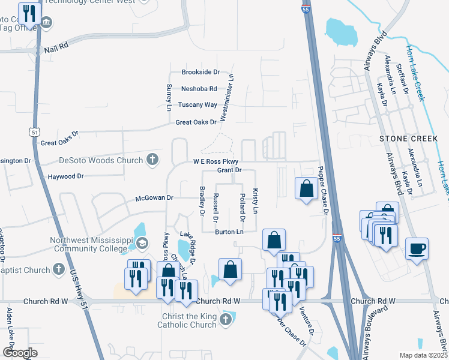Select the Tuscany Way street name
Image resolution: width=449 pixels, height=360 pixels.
(x=197, y=104)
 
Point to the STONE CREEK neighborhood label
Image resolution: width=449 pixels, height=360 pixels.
(x=409, y=139)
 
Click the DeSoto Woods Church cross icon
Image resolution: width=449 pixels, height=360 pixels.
(x=152, y=160)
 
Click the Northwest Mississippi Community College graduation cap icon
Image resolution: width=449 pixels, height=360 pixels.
(x=142, y=242)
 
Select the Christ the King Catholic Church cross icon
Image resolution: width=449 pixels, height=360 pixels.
(x=226, y=319)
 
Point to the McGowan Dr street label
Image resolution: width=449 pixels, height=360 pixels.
(x=154, y=197)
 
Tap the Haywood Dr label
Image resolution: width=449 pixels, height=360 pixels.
(x=66, y=176)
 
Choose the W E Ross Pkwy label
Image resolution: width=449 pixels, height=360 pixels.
(x=215, y=162)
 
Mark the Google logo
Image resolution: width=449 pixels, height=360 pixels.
(x=20, y=353)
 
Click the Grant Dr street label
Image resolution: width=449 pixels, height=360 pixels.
(x=229, y=170)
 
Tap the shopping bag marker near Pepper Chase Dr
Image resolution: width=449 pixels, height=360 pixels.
(x=306, y=188)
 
